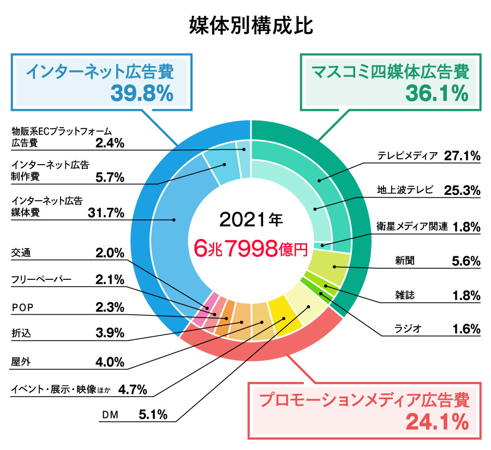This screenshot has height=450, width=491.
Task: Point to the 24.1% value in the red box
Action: [436, 421]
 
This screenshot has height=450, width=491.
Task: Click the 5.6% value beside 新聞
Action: [466, 261]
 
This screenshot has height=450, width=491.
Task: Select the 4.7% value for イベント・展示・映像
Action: [133, 389]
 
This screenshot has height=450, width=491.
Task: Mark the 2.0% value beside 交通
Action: [110, 253]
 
